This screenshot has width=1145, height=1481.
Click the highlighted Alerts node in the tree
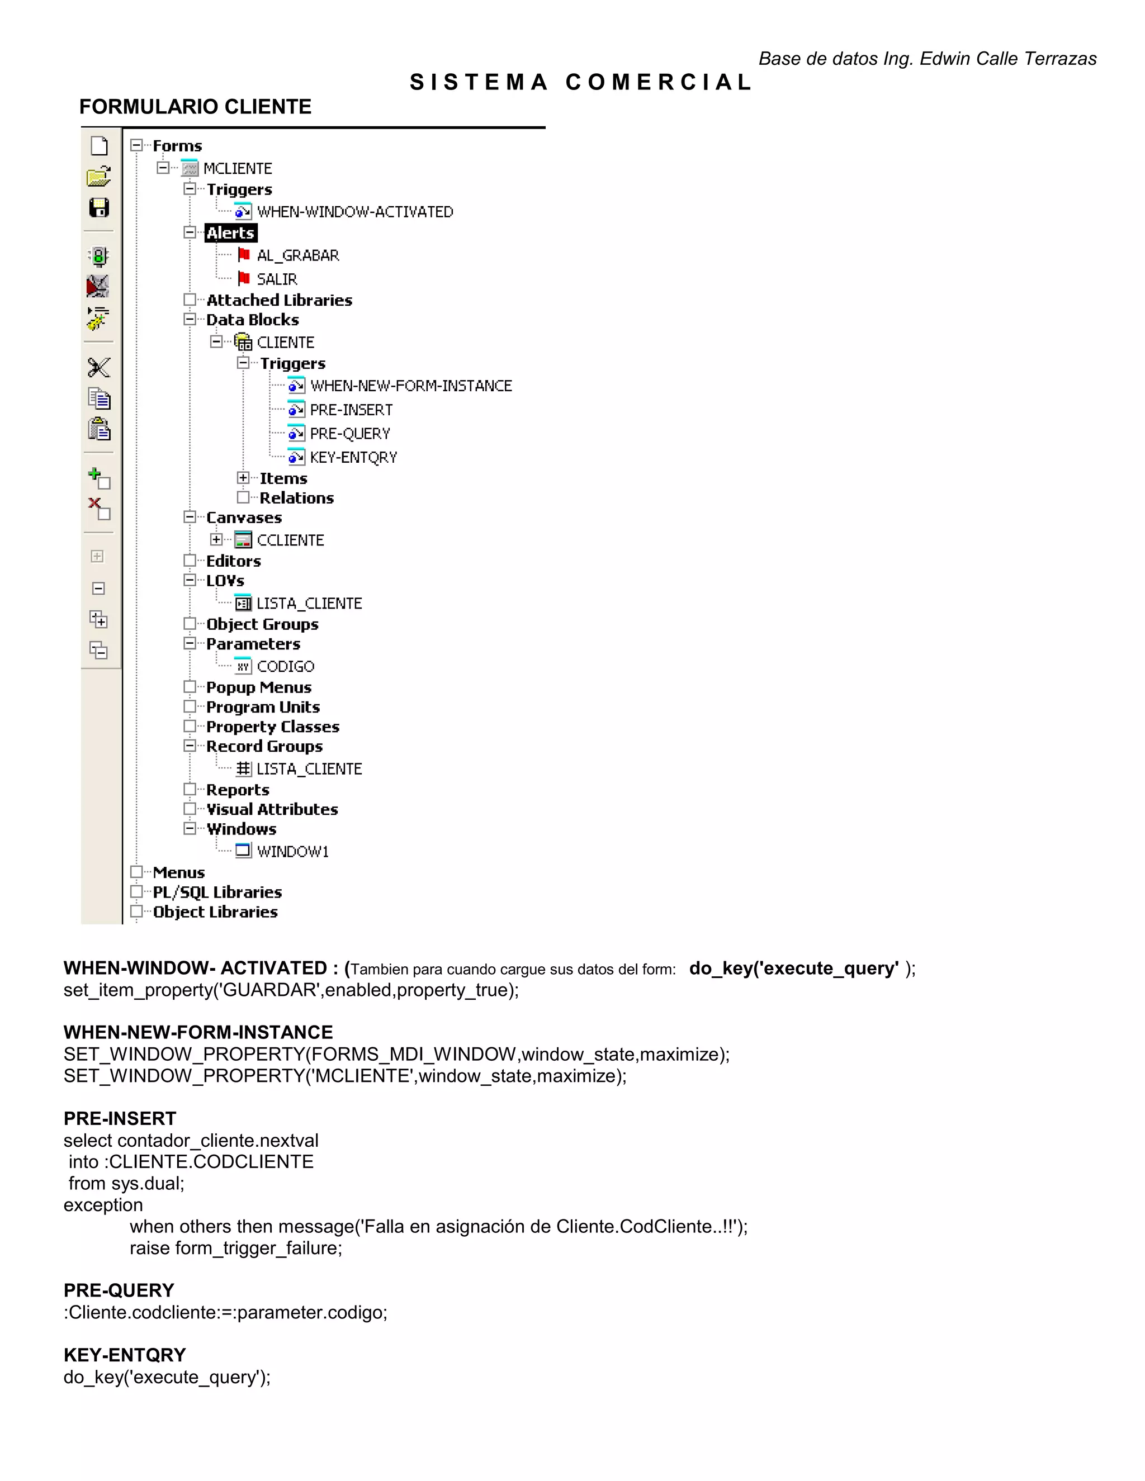pos(231,233)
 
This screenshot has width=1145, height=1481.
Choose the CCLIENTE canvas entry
pos(290,540)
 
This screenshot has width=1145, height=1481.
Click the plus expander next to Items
pos(243,478)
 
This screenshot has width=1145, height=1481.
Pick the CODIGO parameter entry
pos(285,667)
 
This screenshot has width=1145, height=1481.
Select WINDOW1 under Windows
pos(292,852)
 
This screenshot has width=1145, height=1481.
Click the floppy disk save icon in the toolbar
pos(99,207)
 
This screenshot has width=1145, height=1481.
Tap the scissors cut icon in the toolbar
pos(99,368)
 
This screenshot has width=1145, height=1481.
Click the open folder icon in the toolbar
pos(99,177)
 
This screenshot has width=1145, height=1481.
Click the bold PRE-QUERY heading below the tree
pos(119,1290)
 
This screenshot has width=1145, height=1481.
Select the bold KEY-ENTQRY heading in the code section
pos(125,1355)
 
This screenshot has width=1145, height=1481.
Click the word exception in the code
pos(103,1205)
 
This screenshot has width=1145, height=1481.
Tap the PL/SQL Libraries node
pos(217,893)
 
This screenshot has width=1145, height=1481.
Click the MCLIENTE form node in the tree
pos(238,168)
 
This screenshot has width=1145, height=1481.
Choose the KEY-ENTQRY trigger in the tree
pos(353,458)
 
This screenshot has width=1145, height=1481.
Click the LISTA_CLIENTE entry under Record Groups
pos(309,769)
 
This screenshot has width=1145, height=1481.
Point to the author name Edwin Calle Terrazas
pos(1008,59)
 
